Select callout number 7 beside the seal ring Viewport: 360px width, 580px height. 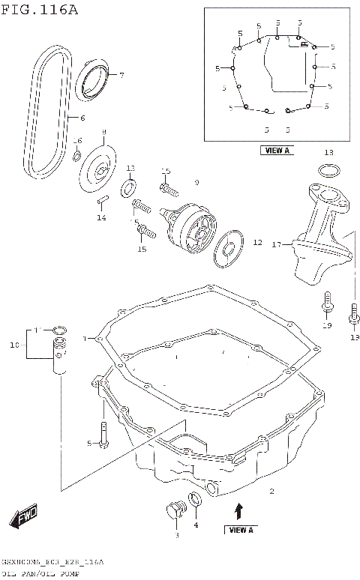pos(121,75)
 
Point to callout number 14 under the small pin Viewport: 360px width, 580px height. pos(101,218)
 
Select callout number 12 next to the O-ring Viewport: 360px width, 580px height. pos(256,243)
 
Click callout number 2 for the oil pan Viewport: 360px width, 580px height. pos(271,492)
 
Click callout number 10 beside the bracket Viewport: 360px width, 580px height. pos(13,345)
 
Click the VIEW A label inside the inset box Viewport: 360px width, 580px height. pos(276,150)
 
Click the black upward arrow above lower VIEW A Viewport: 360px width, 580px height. pos(239,511)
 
